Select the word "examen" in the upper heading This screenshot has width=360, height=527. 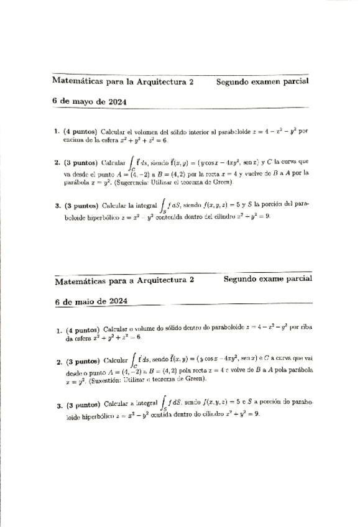pyautogui.click(x=262, y=81)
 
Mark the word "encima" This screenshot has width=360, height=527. pyautogui.click(x=73, y=140)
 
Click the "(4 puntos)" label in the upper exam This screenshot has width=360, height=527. pyautogui.click(x=80, y=132)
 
